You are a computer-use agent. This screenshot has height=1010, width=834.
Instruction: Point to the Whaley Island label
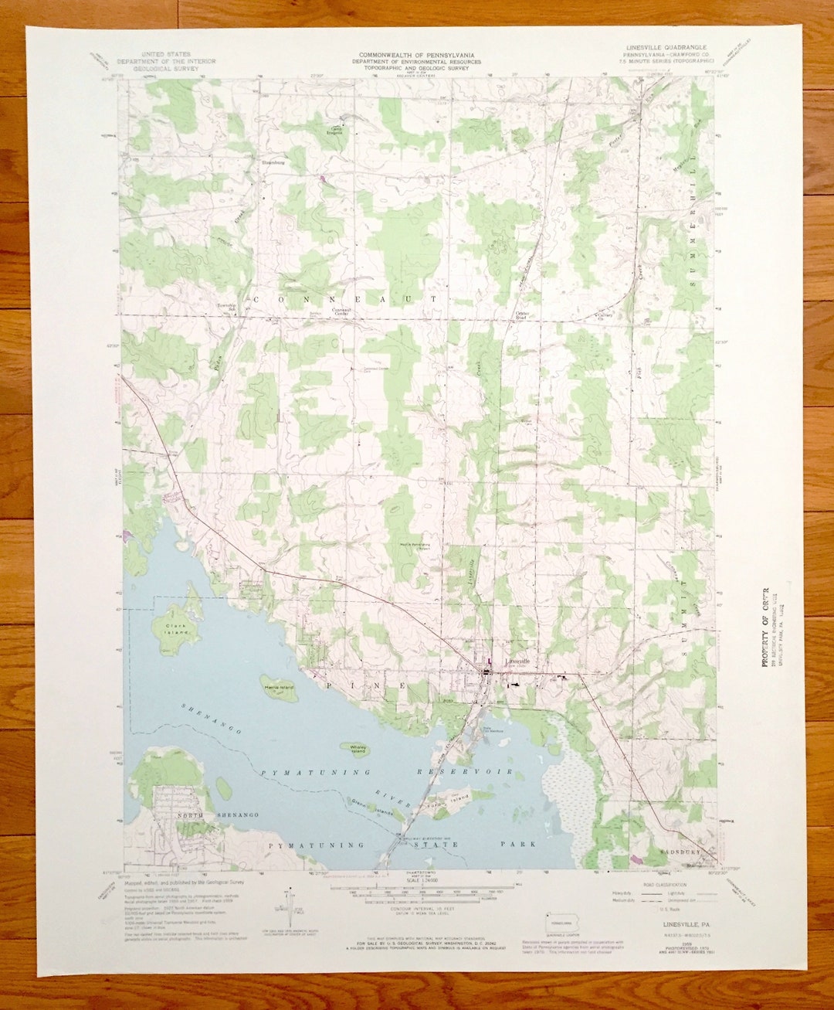pos(358,749)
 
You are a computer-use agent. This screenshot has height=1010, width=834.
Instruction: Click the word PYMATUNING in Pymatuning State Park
pos(304,845)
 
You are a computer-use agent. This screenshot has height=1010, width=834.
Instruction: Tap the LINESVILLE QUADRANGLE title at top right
pos(661,48)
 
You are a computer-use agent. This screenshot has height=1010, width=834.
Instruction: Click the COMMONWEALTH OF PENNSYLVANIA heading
pos(416,56)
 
